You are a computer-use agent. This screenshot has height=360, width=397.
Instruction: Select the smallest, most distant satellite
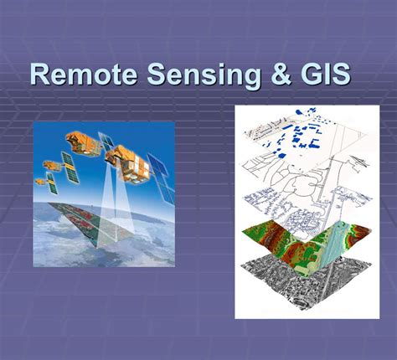(40, 181)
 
